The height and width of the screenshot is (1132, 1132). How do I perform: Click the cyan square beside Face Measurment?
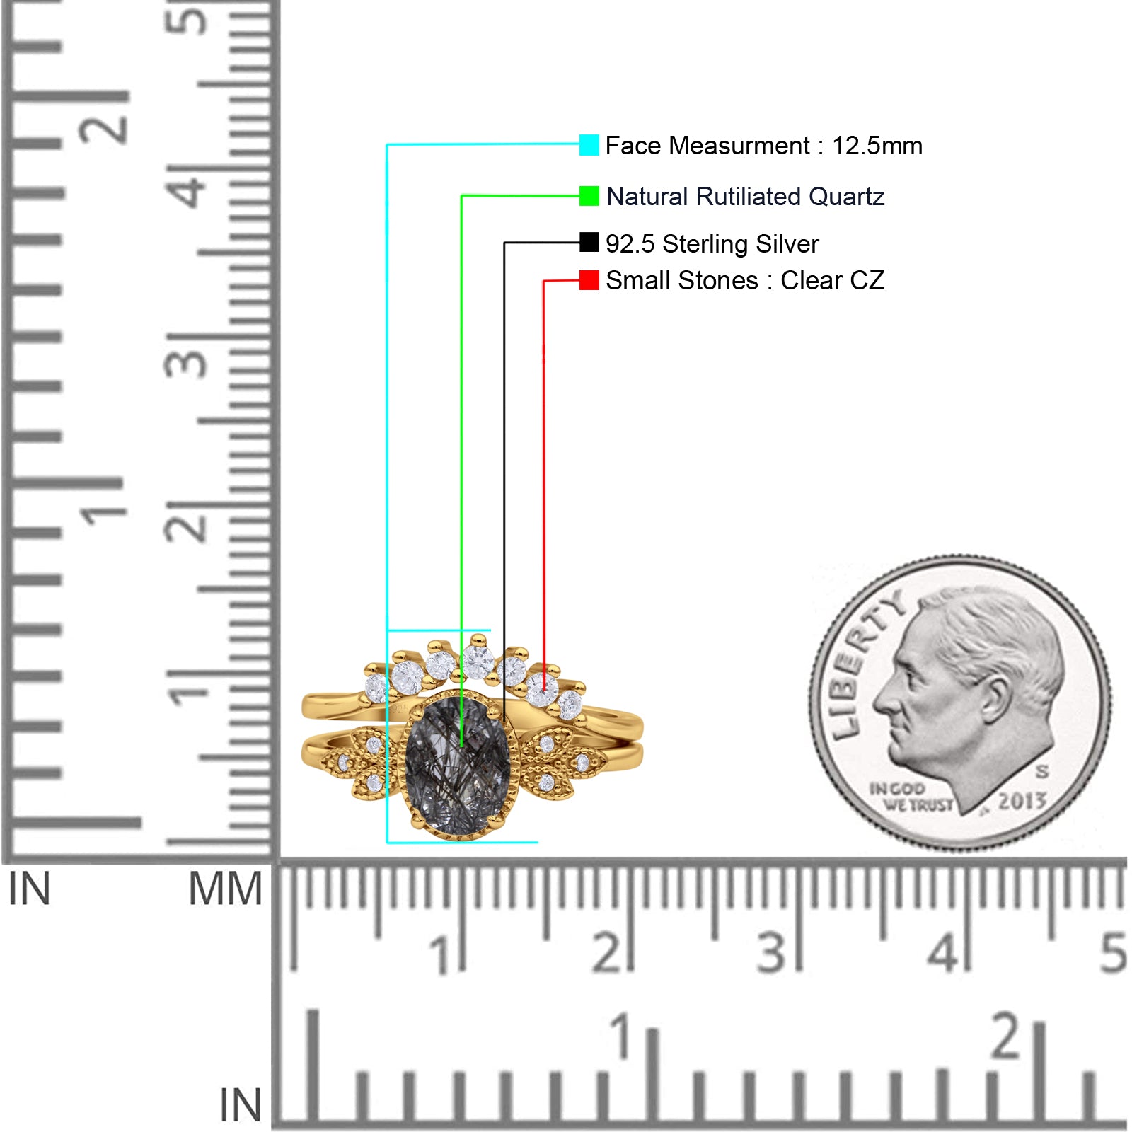point(589,145)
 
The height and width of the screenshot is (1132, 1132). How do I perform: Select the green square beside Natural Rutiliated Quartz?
point(589,196)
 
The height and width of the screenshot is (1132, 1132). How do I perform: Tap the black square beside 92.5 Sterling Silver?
point(589,243)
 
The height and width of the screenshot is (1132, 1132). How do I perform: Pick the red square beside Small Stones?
point(589,280)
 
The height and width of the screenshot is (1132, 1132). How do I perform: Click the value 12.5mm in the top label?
point(877,146)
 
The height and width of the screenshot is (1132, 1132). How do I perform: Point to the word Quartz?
point(846,196)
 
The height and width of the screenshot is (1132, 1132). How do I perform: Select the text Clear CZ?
point(832,280)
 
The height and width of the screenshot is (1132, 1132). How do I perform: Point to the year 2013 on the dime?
point(1022,801)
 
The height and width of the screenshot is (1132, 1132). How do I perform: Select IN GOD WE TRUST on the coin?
point(911,797)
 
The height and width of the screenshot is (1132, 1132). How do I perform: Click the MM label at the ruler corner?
point(225,889)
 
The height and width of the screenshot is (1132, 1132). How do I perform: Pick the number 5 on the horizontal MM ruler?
point(1113,952)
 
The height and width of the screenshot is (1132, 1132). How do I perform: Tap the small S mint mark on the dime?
point(1042,770)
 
